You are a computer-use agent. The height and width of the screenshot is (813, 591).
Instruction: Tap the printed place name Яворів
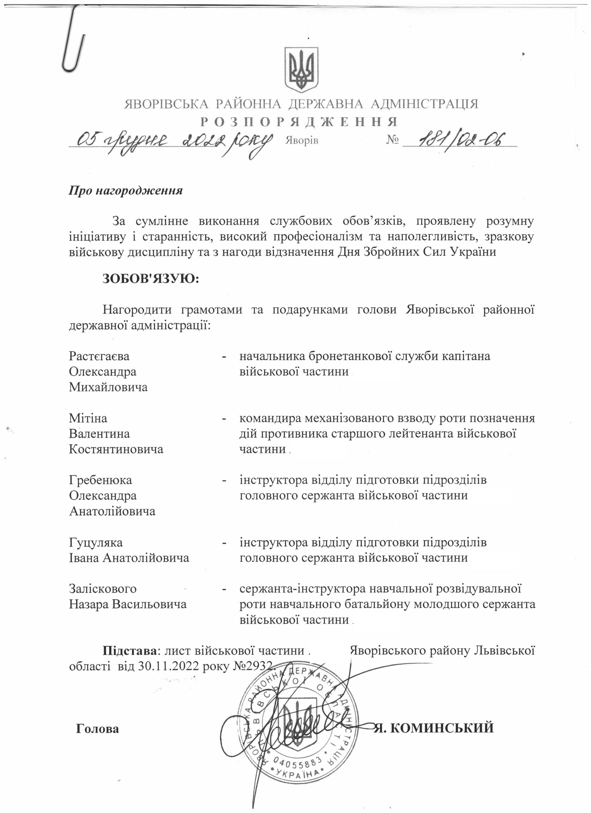[301, 140]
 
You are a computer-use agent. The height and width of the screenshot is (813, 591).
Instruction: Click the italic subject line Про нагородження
[125, 190]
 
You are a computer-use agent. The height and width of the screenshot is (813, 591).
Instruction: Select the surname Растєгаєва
[99, 356]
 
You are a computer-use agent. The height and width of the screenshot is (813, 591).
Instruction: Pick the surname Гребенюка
[100, 480]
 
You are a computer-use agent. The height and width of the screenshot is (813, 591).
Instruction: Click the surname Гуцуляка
[96, 542]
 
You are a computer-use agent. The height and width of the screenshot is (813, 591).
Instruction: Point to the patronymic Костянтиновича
[116, 449]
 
